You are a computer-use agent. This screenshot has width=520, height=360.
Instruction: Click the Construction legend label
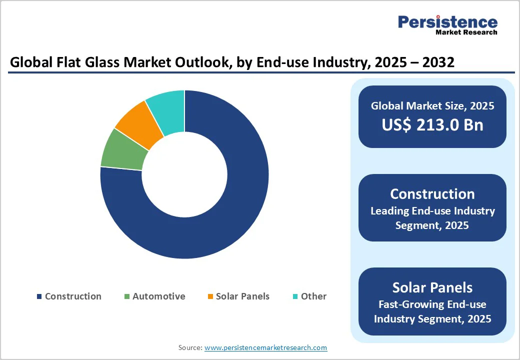click(73, 296)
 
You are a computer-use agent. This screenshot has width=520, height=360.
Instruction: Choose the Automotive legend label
click(158, 296)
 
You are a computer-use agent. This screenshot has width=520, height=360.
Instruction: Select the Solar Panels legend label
click(242, 296)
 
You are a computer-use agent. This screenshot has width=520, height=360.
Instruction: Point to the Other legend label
click(313, 296)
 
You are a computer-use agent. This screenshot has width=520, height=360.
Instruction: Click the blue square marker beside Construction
click(39, 296)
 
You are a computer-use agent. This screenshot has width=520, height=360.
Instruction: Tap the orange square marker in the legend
click(210, 296)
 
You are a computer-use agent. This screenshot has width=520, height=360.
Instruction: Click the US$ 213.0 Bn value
click(432, 124)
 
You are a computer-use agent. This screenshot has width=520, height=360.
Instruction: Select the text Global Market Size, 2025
click(432, 105)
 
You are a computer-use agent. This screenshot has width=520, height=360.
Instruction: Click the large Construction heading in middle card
click(432, 194)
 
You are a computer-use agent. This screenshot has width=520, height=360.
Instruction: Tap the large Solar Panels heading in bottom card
click(432, 287)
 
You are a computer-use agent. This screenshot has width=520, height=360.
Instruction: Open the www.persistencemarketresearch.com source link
click(265, 347)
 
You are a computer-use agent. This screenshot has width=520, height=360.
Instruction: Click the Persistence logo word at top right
click(447, 22)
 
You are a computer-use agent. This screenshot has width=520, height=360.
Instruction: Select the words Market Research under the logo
click(466, 32)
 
